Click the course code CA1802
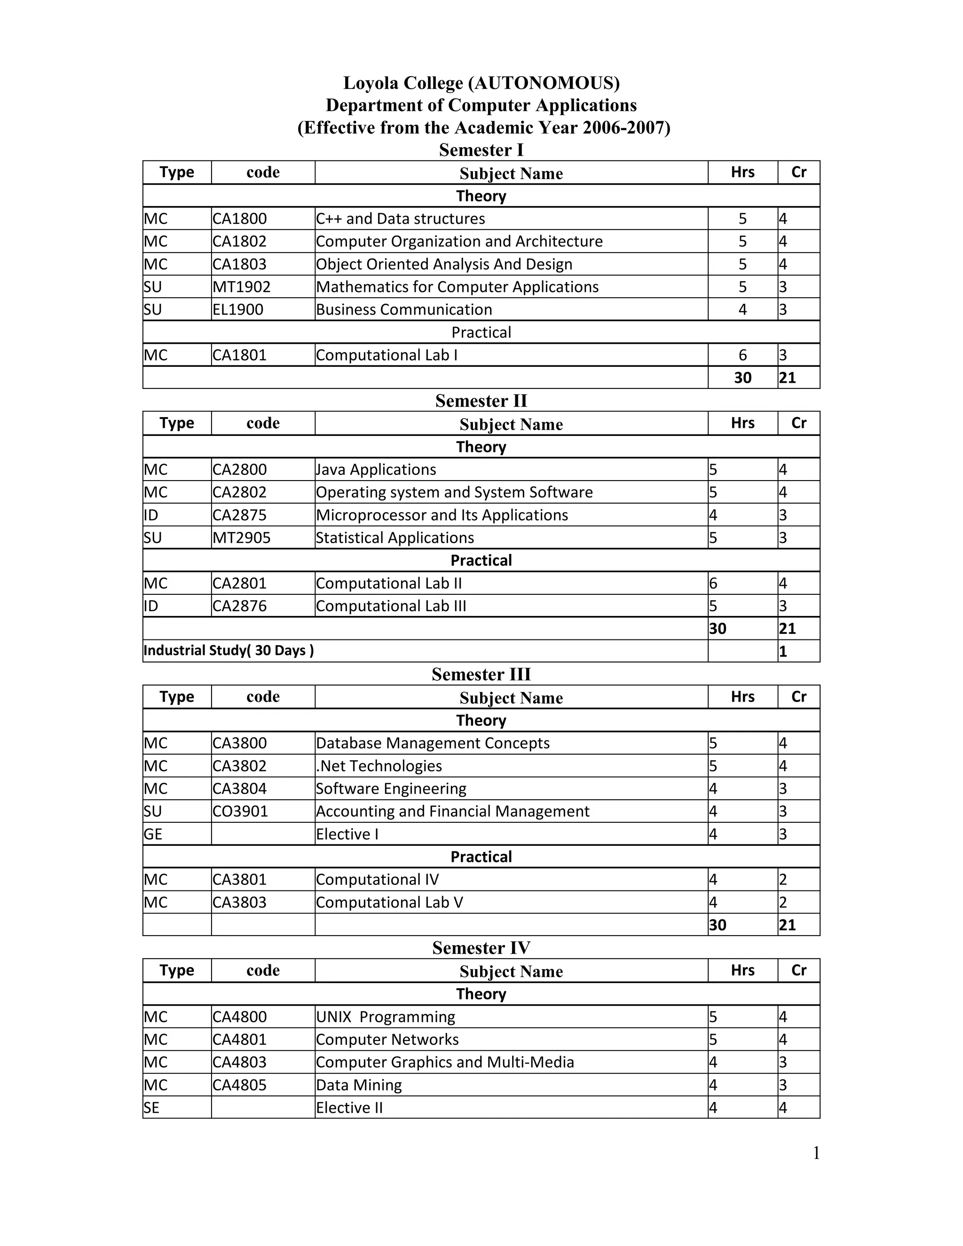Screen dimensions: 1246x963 pyautogui.click(x=240, y=241)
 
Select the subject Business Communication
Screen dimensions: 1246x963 pyautogui.click(x=404, y=310)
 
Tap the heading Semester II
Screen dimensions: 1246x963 pyautogui.click(x=481, y=401)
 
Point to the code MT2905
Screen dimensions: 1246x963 pyautogui.click(x=241, y=538)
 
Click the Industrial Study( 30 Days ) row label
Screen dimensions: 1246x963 pyautogui.click(x=228, y=650)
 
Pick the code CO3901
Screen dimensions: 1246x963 pyautogui.click(x=240, y=811)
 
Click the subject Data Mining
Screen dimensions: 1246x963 pyautogui.click(x=359, y=1085)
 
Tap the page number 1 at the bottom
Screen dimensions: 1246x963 pyautogui.click(x=816, y=1153)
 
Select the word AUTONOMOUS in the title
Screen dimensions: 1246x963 pyautogui.click(x=543, y=83)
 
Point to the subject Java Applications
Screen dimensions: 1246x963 pyautogui.click(x=376, y=470)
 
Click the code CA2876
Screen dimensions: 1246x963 pyautogui.click(x=240, y=606)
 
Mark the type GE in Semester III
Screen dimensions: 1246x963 pyautogui.click(x=153, y=834)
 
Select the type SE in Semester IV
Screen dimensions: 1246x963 pyautogui.click(x=152, y=1108)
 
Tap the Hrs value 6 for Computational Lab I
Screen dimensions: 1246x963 pyautogui.click(x=742, y=355)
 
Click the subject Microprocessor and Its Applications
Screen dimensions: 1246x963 pyautogui.click(x=442, y=515)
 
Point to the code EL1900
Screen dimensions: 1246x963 pyautogui.click(x=238, y=310)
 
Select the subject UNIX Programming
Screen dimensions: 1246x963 pyautogui.click(x=386, y=1017)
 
